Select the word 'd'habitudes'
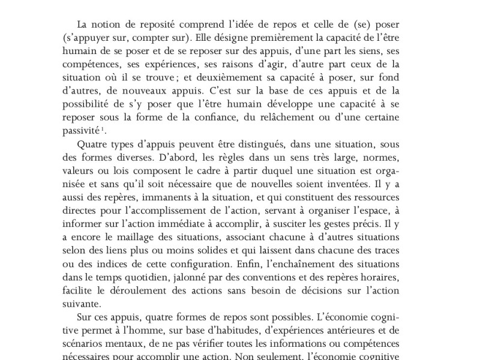click(x=202, y=331)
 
